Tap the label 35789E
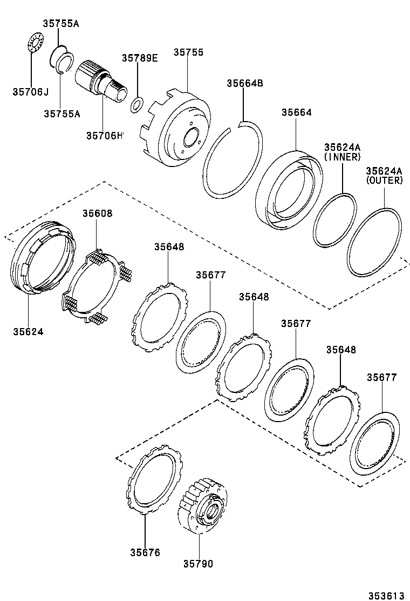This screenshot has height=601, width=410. tap(139, 58)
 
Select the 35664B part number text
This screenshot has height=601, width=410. tap(244, 83)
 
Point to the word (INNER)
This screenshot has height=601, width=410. tap(342, 157)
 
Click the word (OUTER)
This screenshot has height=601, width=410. tap(384, 181)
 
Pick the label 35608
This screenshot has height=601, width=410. tap(97, 213)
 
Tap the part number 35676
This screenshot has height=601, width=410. tap(145, 552)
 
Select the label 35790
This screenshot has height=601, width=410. tap(198, 564)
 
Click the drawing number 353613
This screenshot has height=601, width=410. tap(386, 596)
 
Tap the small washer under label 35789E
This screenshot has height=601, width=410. tap(138, 104)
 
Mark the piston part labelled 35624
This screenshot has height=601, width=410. tap(43, 258)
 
